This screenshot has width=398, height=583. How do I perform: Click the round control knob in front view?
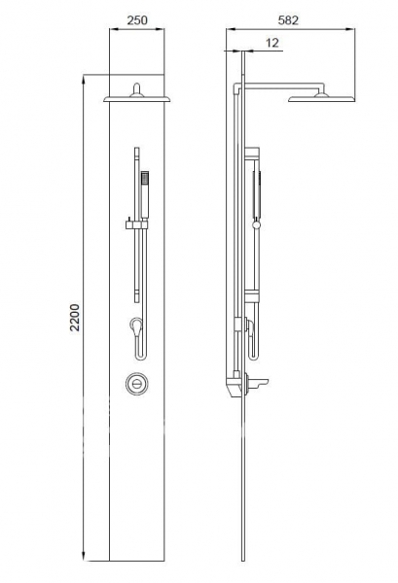click(x=138, y=383)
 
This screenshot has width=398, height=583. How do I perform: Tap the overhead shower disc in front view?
click(x=137, y=96)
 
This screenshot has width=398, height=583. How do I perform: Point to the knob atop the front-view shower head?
click(x=137, y=86)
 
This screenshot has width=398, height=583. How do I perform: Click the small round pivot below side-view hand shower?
click(x=257, y=226)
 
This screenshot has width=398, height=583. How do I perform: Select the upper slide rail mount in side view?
click(x=252, y=154)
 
